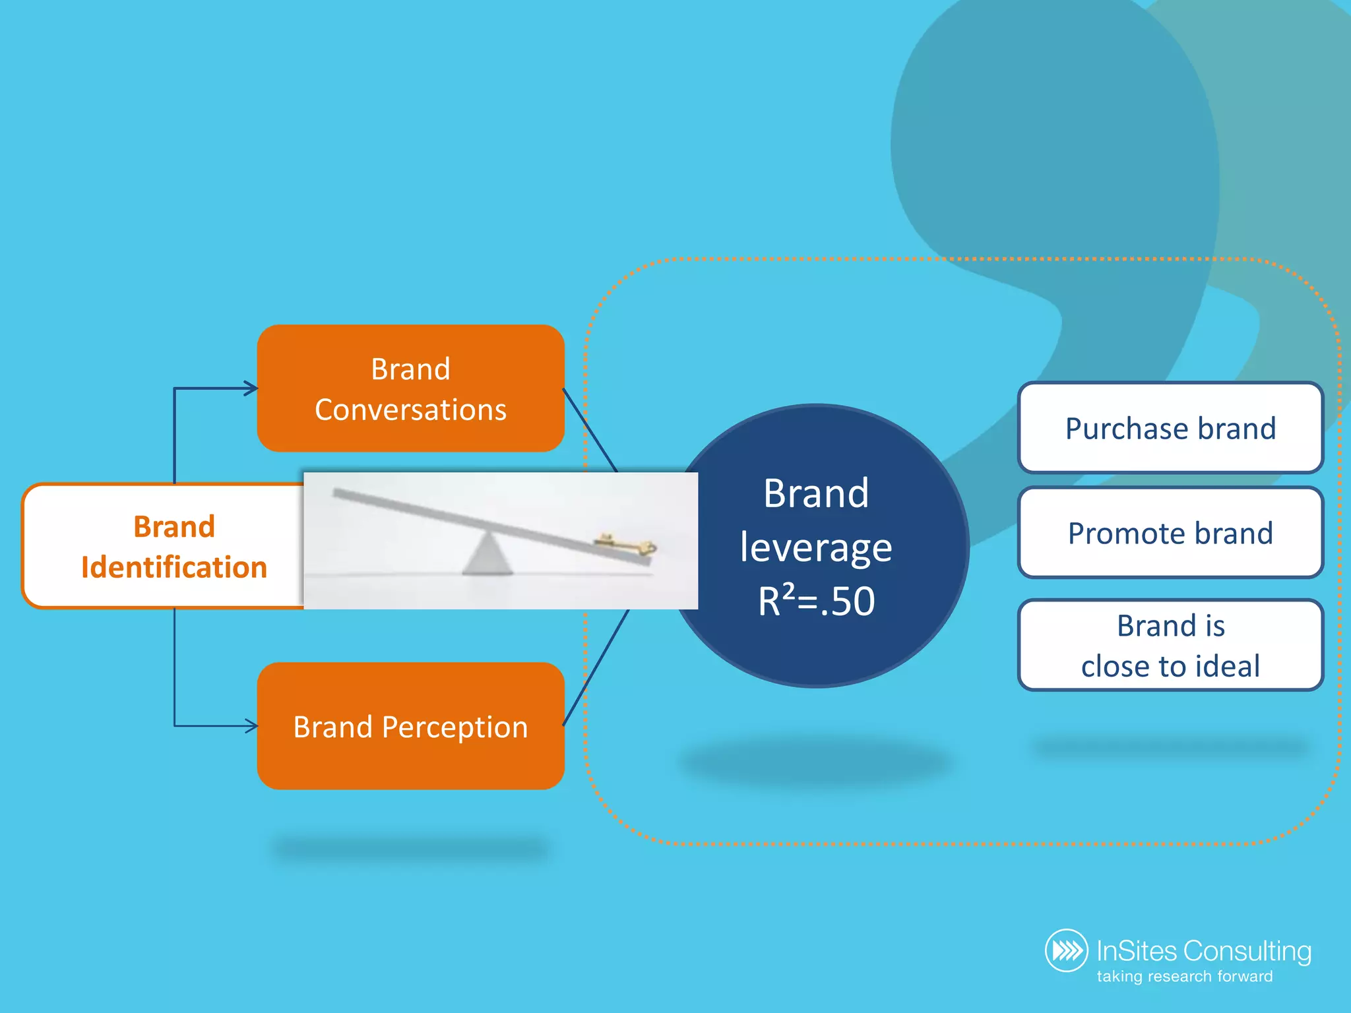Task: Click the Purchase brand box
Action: (x=1170, y=428)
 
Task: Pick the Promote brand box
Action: (x=1170, y=533)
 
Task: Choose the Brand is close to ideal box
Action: (x=1170, y=645)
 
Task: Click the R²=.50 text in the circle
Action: (x=816, y=601)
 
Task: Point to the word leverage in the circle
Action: (x=816, y=548)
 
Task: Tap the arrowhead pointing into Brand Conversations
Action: (x=251, y=388)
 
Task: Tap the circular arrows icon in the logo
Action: (x=1066, y=950)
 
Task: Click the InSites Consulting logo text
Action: (x=1203, y=951)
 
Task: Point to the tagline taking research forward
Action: (x=1185, y=976)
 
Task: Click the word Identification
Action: (x=174, y=567)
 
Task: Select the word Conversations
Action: (x=410, y=410)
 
